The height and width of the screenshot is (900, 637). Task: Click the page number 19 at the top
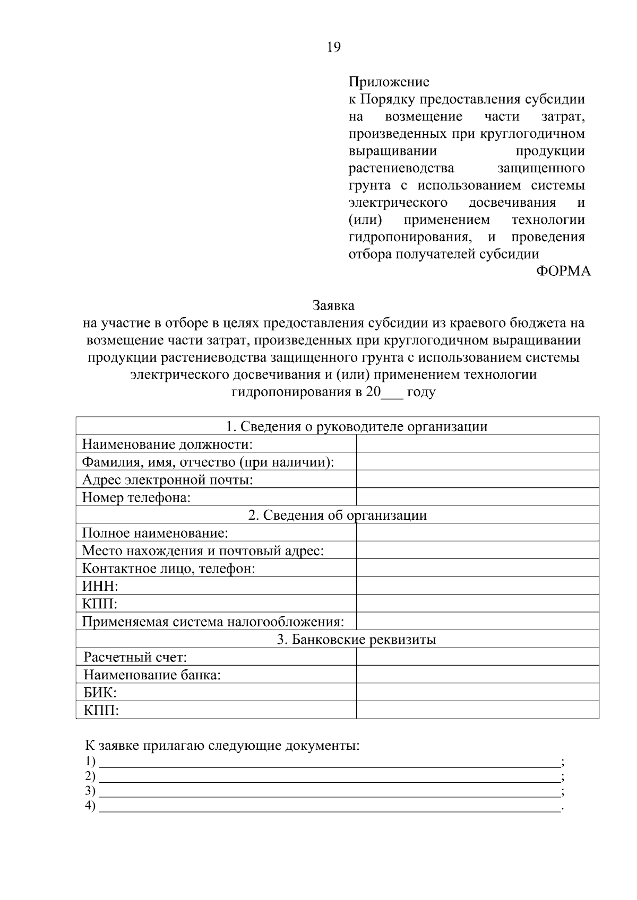pos(333,47)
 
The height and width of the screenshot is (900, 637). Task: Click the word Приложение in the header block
pos(389,82)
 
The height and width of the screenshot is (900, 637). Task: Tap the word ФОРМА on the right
pos(563,271)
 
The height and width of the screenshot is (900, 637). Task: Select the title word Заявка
pos(333,305)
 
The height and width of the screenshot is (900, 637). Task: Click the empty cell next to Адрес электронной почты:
pos(477,479)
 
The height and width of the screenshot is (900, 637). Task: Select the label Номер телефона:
pos(136,497)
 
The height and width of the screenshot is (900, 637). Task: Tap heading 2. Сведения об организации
pos(337,515)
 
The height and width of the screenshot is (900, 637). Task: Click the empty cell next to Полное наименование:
pos(477,532)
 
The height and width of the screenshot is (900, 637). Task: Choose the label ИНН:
pos(100,586)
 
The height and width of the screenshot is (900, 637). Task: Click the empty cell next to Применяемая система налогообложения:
pos(477,622)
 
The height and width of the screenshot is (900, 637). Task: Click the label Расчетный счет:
pos(135,658)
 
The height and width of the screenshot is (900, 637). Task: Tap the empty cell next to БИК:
pos(477,693)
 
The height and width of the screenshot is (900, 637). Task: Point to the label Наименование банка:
pos(152,675)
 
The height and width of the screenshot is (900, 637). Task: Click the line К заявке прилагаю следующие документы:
pos(222,746)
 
